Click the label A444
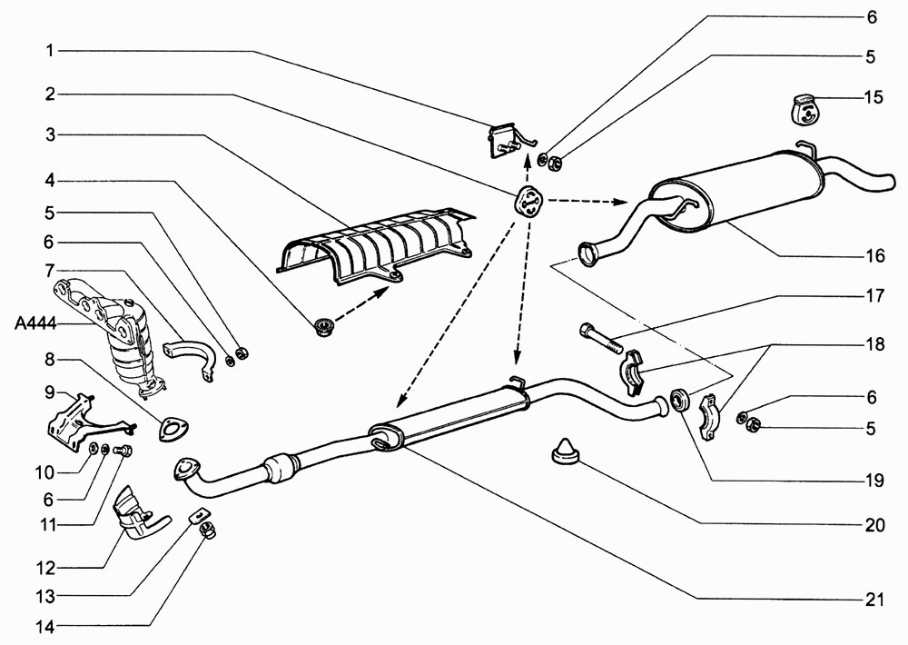point(35,323)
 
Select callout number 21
point(874,600)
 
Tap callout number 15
point(874,97)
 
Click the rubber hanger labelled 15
point(803,109)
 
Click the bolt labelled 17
point(600,338)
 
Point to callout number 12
point(45,568)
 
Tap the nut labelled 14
point(207,530)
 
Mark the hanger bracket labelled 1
point(509,140)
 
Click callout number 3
point(51,135)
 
